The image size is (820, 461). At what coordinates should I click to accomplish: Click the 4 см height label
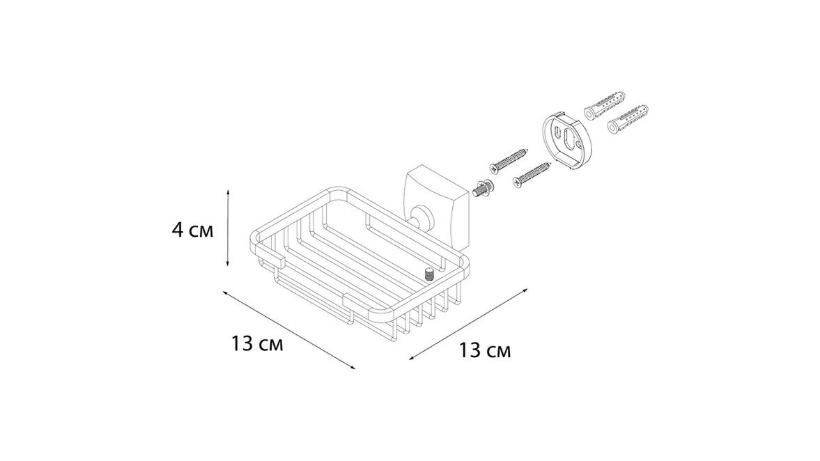coord(192,229)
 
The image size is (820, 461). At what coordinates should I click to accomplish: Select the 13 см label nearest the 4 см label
coord(257,344)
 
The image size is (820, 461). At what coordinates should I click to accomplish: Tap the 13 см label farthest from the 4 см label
coord(485,350)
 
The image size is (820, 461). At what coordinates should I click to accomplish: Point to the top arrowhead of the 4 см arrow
coord(228,193)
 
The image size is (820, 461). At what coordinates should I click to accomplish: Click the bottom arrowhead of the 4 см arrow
coord(228,263)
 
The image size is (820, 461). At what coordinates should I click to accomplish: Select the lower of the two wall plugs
coord(628,120)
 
